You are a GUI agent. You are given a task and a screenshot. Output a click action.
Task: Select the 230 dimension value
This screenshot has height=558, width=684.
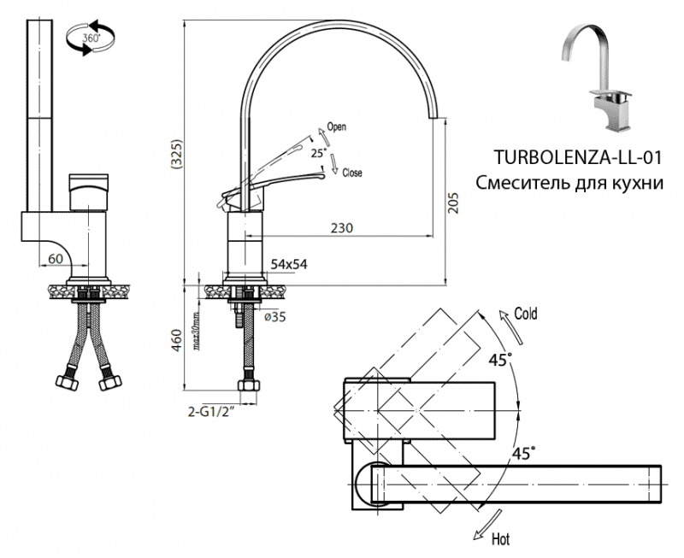click(343, 228)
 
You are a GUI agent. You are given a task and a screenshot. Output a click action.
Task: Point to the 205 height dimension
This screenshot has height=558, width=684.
click(455, 203)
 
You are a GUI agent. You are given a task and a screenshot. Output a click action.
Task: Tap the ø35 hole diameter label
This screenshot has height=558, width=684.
click(274, 317)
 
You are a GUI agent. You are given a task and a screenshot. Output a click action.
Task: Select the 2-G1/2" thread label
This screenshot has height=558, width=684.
click(210, 411)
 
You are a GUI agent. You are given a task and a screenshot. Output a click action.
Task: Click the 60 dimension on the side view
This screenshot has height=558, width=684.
click(56, 258)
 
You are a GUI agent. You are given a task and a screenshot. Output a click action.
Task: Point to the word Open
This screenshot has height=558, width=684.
click(336, 127)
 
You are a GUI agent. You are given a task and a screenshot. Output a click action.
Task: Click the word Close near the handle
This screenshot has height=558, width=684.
click(351, 173)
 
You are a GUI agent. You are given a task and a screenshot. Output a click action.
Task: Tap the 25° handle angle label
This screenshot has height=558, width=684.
click(318, 153)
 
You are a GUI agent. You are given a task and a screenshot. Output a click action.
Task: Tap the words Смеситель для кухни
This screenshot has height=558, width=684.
click(569, 183)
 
